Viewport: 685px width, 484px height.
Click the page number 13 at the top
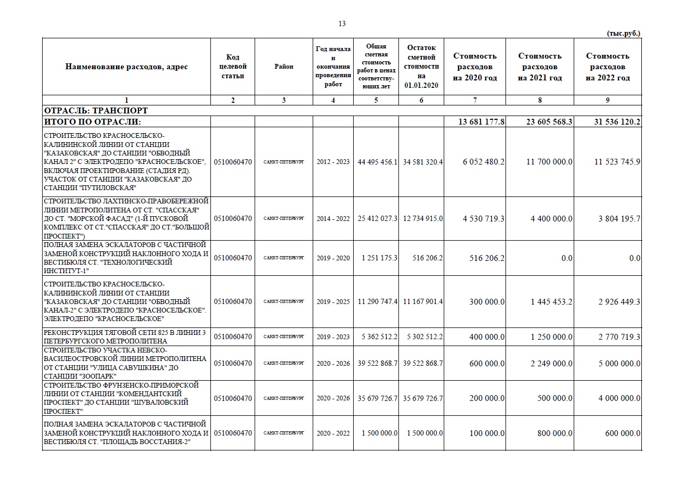(x=342, y=23)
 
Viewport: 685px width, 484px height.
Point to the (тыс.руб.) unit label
(x=624, y=33)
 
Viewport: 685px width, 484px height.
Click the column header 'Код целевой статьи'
(x=233, y=67)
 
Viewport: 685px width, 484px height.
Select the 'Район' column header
(x=284, y=67)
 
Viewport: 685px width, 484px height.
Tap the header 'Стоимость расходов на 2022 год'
(x=608, y=67)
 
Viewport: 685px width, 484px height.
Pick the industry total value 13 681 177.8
(x=481, y=122)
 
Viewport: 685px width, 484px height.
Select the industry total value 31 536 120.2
(x=617, y=122)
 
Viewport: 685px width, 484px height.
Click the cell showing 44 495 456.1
(x=377, y=162)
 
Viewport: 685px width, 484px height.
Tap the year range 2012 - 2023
(x=333, y=162)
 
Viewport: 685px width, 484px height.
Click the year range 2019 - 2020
(x=333, y=258)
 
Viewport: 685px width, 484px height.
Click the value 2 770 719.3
(x=619, y=337)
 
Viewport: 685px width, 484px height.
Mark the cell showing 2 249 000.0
(x=551, y=364)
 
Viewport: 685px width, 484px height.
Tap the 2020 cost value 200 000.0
(x=487, y=399)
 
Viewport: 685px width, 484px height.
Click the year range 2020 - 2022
(x=333, y=433)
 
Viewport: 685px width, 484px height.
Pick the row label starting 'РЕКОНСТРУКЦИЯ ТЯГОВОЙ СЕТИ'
(x=125, y=337)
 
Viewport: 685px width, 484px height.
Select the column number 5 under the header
(x=376, y=100)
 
